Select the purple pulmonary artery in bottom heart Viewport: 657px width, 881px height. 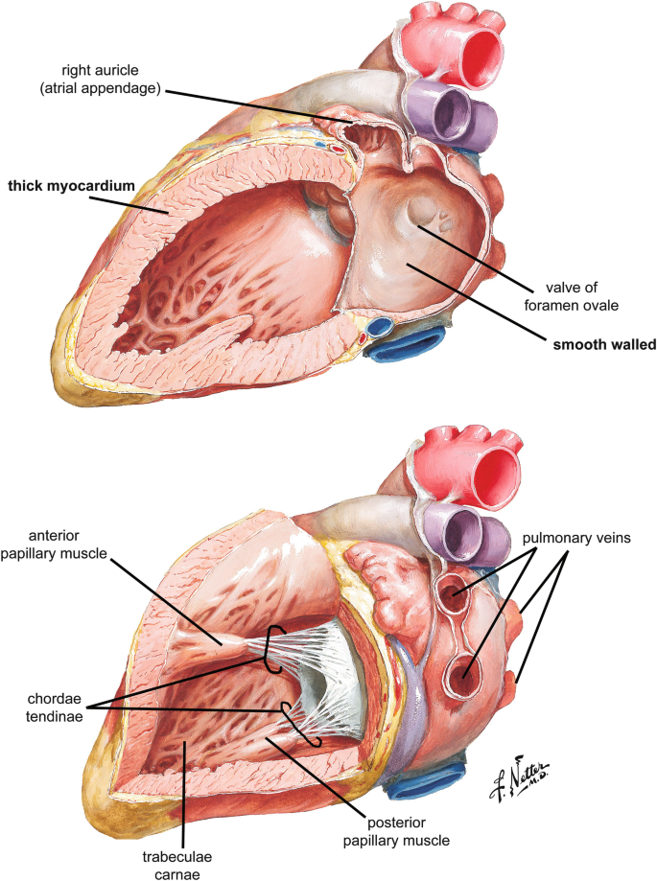459,533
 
